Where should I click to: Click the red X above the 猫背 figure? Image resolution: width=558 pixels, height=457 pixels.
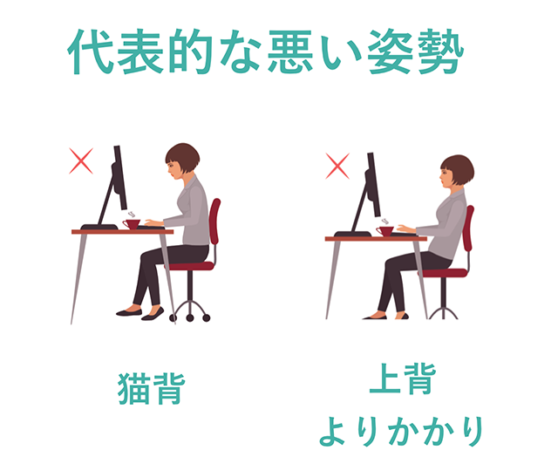click(x=81, y=160)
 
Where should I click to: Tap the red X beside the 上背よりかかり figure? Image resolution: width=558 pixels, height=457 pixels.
click(x=337, y=166)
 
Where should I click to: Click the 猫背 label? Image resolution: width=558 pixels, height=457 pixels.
click(x=152, y=388)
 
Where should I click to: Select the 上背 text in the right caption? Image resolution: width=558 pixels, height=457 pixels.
click(x=403, y=379)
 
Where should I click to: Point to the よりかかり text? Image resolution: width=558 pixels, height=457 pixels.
click(x=401, y=432)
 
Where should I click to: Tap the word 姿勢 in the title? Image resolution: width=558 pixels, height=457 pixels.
click(x=415, y=51)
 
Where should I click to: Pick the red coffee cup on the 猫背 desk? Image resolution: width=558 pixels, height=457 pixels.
click(x=132, y=224)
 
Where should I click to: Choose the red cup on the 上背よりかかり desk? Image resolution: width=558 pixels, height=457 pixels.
click(x=385, y=231)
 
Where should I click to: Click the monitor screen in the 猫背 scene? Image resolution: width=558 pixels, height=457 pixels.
click(x=120, y=177)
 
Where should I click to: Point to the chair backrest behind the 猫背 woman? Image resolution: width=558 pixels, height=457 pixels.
click(x=215, y=221)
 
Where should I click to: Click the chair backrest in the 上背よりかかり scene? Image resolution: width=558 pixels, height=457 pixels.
click(x=469, y=228)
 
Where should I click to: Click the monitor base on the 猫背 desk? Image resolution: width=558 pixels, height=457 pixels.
click(x=99, y=227)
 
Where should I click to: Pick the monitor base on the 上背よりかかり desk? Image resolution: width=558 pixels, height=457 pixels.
click(x=352, y=234)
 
